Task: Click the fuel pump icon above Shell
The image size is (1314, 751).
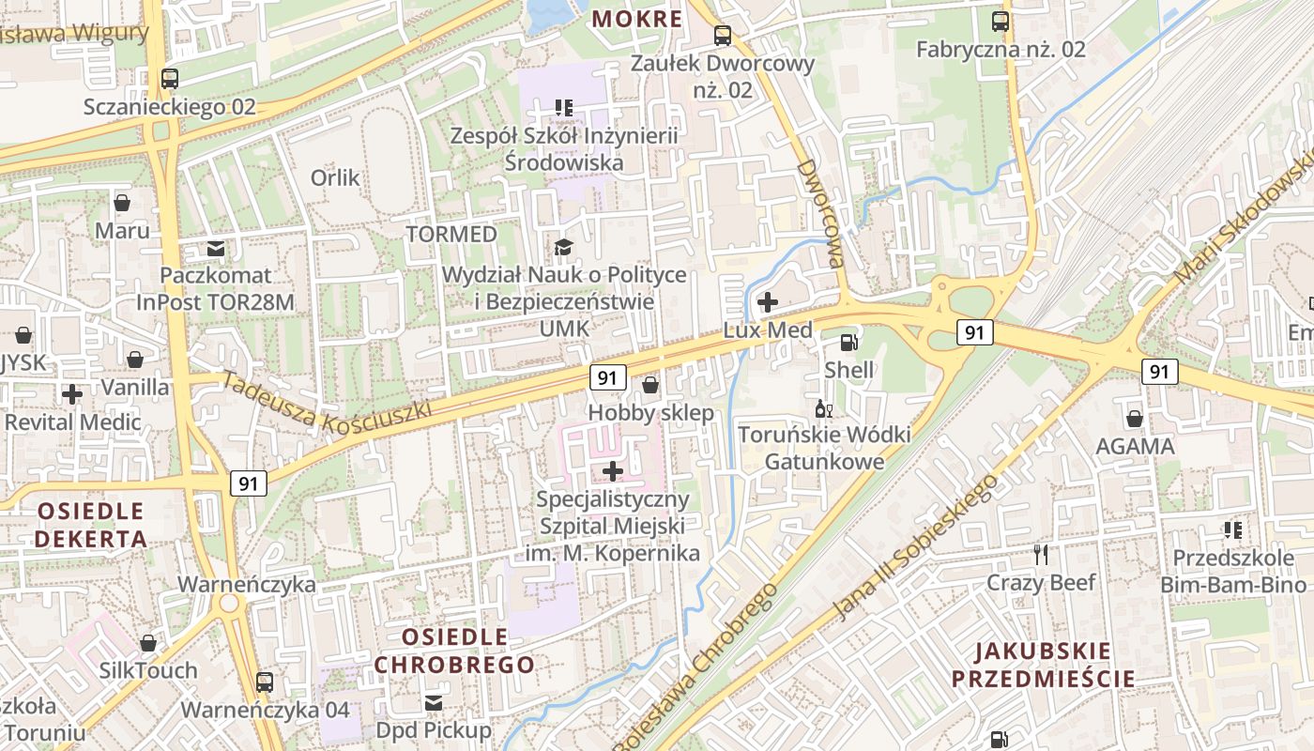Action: pyautogui.click(x=849, y=344)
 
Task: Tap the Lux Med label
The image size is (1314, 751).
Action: pyautogui.click(x=768, y=330)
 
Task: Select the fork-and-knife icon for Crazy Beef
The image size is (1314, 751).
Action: pyautogui.click(x=1040, y=555)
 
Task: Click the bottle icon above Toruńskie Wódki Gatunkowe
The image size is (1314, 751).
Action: pyautogui.click(x=824, y=408)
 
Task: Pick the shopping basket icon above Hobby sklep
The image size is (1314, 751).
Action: pyautogui.click(x=649, y=385)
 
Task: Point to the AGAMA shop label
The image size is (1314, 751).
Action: pyautogui.click(x=1135, y=446)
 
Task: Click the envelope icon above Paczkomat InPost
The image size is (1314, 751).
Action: pyautogui.click(x=216, y=249)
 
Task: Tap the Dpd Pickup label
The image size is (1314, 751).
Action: pyautogui.click(x=433, y=729)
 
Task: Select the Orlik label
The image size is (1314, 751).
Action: pyautogui.click(x=335, y=177)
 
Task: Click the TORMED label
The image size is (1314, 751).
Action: pyautogui.click(x=451, y=234)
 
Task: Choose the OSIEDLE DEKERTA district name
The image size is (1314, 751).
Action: pyautogui.click(x=91, y=525)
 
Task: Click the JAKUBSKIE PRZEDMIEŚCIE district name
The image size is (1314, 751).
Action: pyautogui.click(x=1043, y=665)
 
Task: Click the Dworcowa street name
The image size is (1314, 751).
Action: pyautogui.click(x=820, y=213)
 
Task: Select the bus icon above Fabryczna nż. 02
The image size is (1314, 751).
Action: pyautogui.click(x=1001, y=21)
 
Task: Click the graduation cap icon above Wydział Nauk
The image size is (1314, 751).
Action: pyautogui.click(x=563, y=247)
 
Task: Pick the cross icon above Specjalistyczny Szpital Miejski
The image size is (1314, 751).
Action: pyautogui.click(x=613, y=470)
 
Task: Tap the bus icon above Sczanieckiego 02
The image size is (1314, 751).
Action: pyautogui.click(x=169, y=79)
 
